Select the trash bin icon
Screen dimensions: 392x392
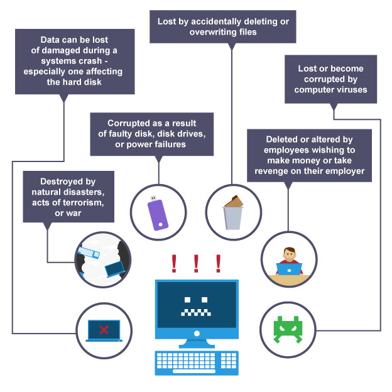(x=233, y=214)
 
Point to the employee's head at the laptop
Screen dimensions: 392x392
(x=288, y=254)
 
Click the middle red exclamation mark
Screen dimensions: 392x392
(x=196, y=263)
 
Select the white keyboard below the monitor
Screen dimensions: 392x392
(x=197, y=362)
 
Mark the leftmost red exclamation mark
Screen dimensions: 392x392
(x=174, y=263)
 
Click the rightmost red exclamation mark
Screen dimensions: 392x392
(x=218, y=263)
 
